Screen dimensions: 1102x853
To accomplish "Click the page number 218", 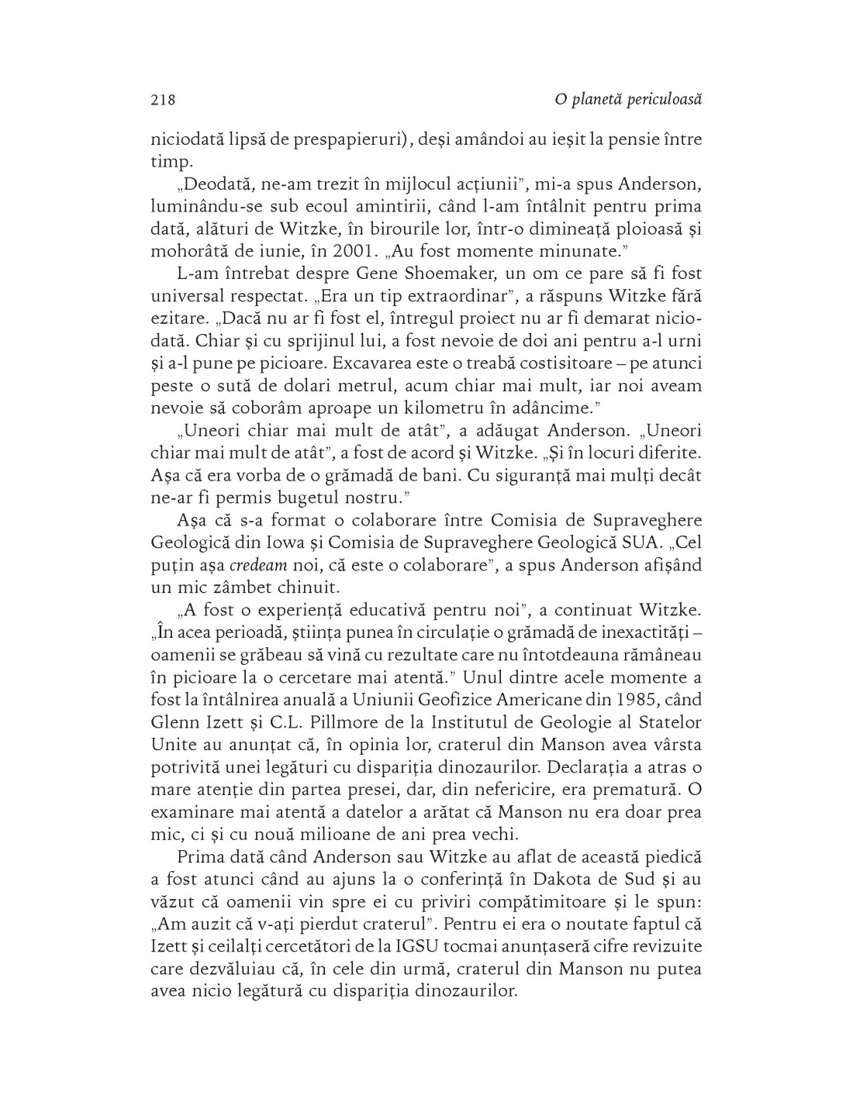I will coord(163,99).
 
